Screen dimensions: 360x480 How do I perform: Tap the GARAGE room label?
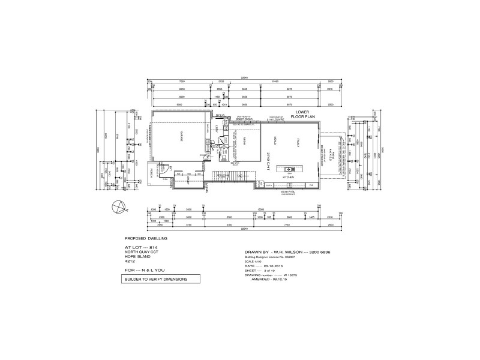[178, 139]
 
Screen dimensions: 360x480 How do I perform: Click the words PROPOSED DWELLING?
[142, 238]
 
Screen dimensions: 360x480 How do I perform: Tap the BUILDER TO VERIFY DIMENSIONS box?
[155, 280]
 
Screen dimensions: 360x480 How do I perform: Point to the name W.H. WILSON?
[287, 253]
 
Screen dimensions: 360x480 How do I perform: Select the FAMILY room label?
[297, 142]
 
